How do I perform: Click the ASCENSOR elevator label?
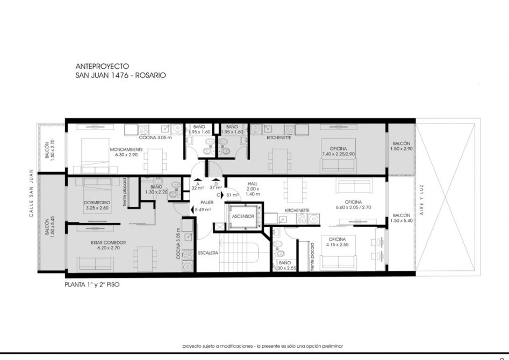pos(243,216)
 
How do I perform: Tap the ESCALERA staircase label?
pos(208,253)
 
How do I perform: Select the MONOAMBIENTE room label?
pos(126,150)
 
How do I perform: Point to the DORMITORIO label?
pos(97,203)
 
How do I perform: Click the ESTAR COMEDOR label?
pos(109,242)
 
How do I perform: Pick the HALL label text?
pos(253,184)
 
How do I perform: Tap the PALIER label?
pos(207,203)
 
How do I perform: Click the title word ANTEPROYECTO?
pos(102,66)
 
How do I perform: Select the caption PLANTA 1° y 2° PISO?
pos(92,285)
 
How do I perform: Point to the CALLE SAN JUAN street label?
pos(32,193)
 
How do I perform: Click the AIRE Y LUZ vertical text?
pos(422,200)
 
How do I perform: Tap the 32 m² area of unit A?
pos(198,188)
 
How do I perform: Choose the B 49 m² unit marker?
pos(203,210)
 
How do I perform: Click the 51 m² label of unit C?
pos(232,195)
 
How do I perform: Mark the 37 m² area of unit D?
pos(216,188)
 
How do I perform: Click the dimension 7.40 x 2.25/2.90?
pos(338,154)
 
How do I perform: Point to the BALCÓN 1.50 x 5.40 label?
pos(402,218)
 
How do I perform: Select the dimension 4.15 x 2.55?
pos(337,244)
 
